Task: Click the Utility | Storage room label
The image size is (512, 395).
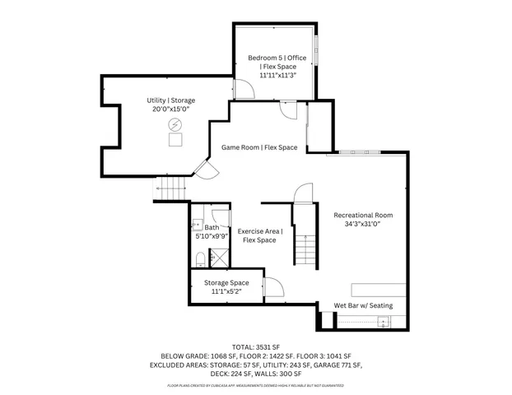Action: click(171, 100)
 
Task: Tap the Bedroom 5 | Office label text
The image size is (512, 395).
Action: click(277, 58)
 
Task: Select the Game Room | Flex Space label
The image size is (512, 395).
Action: click(259, 147)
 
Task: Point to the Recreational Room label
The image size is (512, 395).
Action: click(363, 216)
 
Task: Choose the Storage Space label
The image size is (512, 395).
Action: click(226, 282)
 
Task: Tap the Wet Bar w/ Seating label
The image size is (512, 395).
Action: click(363, 305)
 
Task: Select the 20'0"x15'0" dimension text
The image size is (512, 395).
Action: click(171, 109)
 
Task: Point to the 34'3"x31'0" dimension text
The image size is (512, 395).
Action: click(363, 225)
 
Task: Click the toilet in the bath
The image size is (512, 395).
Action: click(198, 258)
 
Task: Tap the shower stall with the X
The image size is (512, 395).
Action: click(220, 258)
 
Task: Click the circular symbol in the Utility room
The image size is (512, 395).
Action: click(175, 124)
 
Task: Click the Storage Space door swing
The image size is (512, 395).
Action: click(273, 286)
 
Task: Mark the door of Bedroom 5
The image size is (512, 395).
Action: click(244, 89)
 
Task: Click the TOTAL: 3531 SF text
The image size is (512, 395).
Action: click(255, 346)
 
